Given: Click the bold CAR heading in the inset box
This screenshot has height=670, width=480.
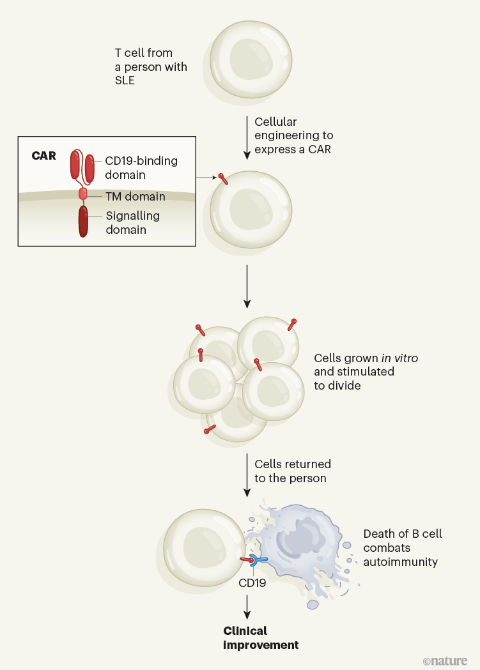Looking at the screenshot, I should coord(43,156).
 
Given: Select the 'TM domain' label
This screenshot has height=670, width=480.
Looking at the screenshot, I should coord(135,197).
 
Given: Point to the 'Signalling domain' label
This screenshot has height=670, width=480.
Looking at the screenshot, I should coord(132,223).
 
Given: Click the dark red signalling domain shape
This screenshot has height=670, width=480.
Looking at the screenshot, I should coord(83,221).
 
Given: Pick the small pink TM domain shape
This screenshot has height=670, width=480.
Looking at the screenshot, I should coord(82,194).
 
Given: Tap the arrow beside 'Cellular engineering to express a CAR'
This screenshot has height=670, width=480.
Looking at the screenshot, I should coord(247,137).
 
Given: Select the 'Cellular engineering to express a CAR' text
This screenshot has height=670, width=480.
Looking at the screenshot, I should coord(293,135).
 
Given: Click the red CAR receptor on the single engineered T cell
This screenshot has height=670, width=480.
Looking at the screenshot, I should coord(223,179).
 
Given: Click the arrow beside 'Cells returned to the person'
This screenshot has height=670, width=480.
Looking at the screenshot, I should coord(247,474).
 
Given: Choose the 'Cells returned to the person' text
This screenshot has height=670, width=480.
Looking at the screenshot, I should coord(292,471).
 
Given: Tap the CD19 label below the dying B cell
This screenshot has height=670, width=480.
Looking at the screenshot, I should coord(252,582).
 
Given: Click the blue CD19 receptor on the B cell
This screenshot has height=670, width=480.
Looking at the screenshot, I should coord(258,560).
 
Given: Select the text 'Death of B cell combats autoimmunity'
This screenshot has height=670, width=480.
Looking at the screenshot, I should coord(403,547).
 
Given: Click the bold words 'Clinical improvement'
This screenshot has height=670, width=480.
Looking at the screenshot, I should coord(260,638).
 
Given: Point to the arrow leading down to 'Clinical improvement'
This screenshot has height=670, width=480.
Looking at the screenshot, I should coord(247,606).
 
